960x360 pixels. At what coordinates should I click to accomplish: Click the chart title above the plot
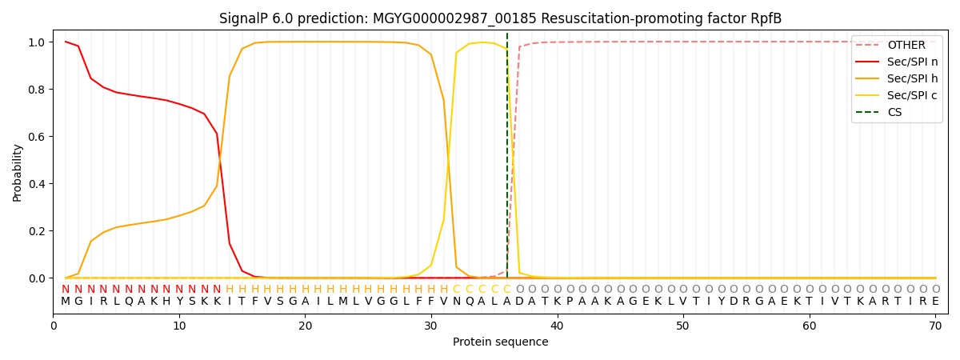[x=500, y=18]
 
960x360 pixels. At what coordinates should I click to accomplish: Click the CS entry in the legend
[x=894, y=113]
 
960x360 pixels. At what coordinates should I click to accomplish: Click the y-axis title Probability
[x=18, y=172]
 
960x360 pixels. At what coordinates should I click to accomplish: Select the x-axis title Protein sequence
[x=500, y=342]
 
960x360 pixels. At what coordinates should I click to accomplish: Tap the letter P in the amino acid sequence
[x=570, y=302]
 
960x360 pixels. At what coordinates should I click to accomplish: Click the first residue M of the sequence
[x=66, y=302]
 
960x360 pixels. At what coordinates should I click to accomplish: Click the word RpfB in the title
[x=765, y=18]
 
